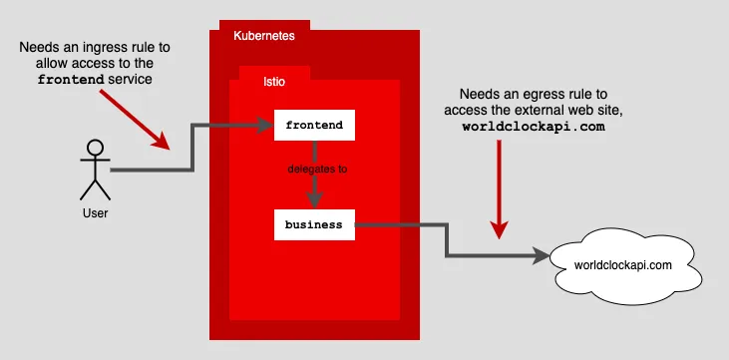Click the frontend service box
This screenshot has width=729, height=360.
[x=314, y=126]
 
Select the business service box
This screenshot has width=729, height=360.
[x=314, y=224]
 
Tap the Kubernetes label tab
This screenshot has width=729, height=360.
[x=263, y=36]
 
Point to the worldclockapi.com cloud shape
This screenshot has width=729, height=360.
[x=623, y=264]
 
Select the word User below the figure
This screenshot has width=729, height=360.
[x=96, y=212]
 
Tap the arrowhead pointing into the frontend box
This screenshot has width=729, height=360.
[x=267, y=126]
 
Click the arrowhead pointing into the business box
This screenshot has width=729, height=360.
[x=314, y=202]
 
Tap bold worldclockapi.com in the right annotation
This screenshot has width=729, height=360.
[x=534, y=129]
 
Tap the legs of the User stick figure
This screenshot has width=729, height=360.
[x=96, y=189]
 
